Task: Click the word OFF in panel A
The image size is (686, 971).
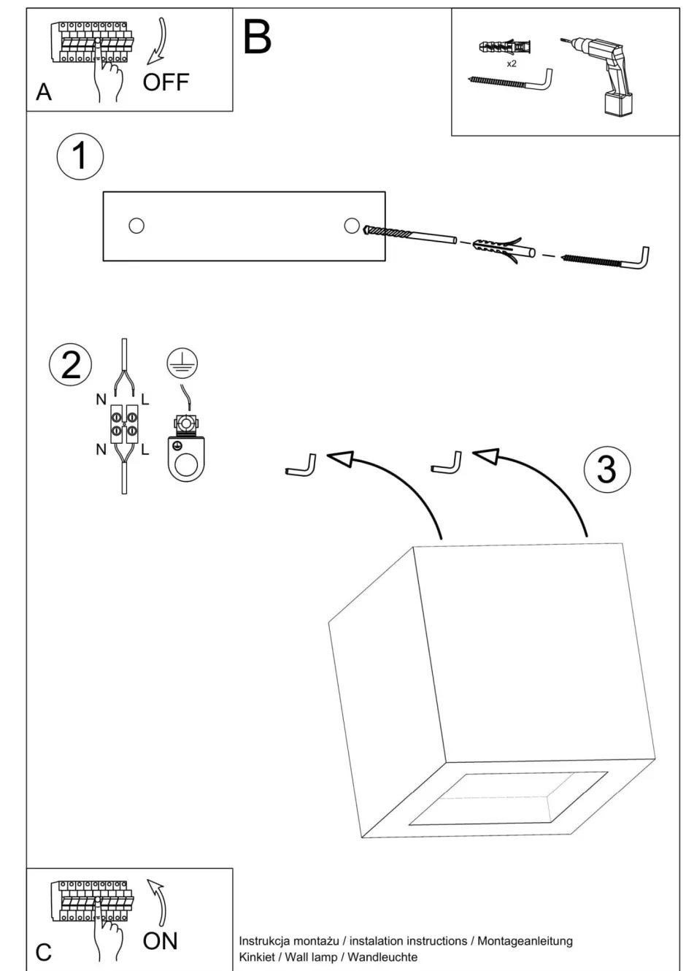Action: [x=166, y=82]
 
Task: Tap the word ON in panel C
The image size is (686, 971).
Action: [x=161, y=941]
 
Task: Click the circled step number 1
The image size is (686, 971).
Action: [x=80, y=156]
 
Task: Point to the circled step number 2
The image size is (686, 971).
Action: [x=71, y=364]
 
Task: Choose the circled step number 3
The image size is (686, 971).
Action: [x=607, y=469]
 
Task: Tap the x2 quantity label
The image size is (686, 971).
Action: [x=512, y=64]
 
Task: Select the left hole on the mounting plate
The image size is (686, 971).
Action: [x=136, y=226]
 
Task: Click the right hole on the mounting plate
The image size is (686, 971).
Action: [x=352, y=225]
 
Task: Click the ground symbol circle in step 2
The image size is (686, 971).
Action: [x=182, y=362]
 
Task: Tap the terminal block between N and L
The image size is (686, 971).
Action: [x=124, y=425]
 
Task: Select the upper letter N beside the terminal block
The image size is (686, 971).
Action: [x=101, y=399]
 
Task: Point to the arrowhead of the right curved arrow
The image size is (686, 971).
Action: [x=487, y=456]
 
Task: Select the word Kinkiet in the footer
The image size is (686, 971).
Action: [x=256, y=956]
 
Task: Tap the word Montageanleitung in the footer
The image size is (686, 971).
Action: [x=525, y=941]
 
